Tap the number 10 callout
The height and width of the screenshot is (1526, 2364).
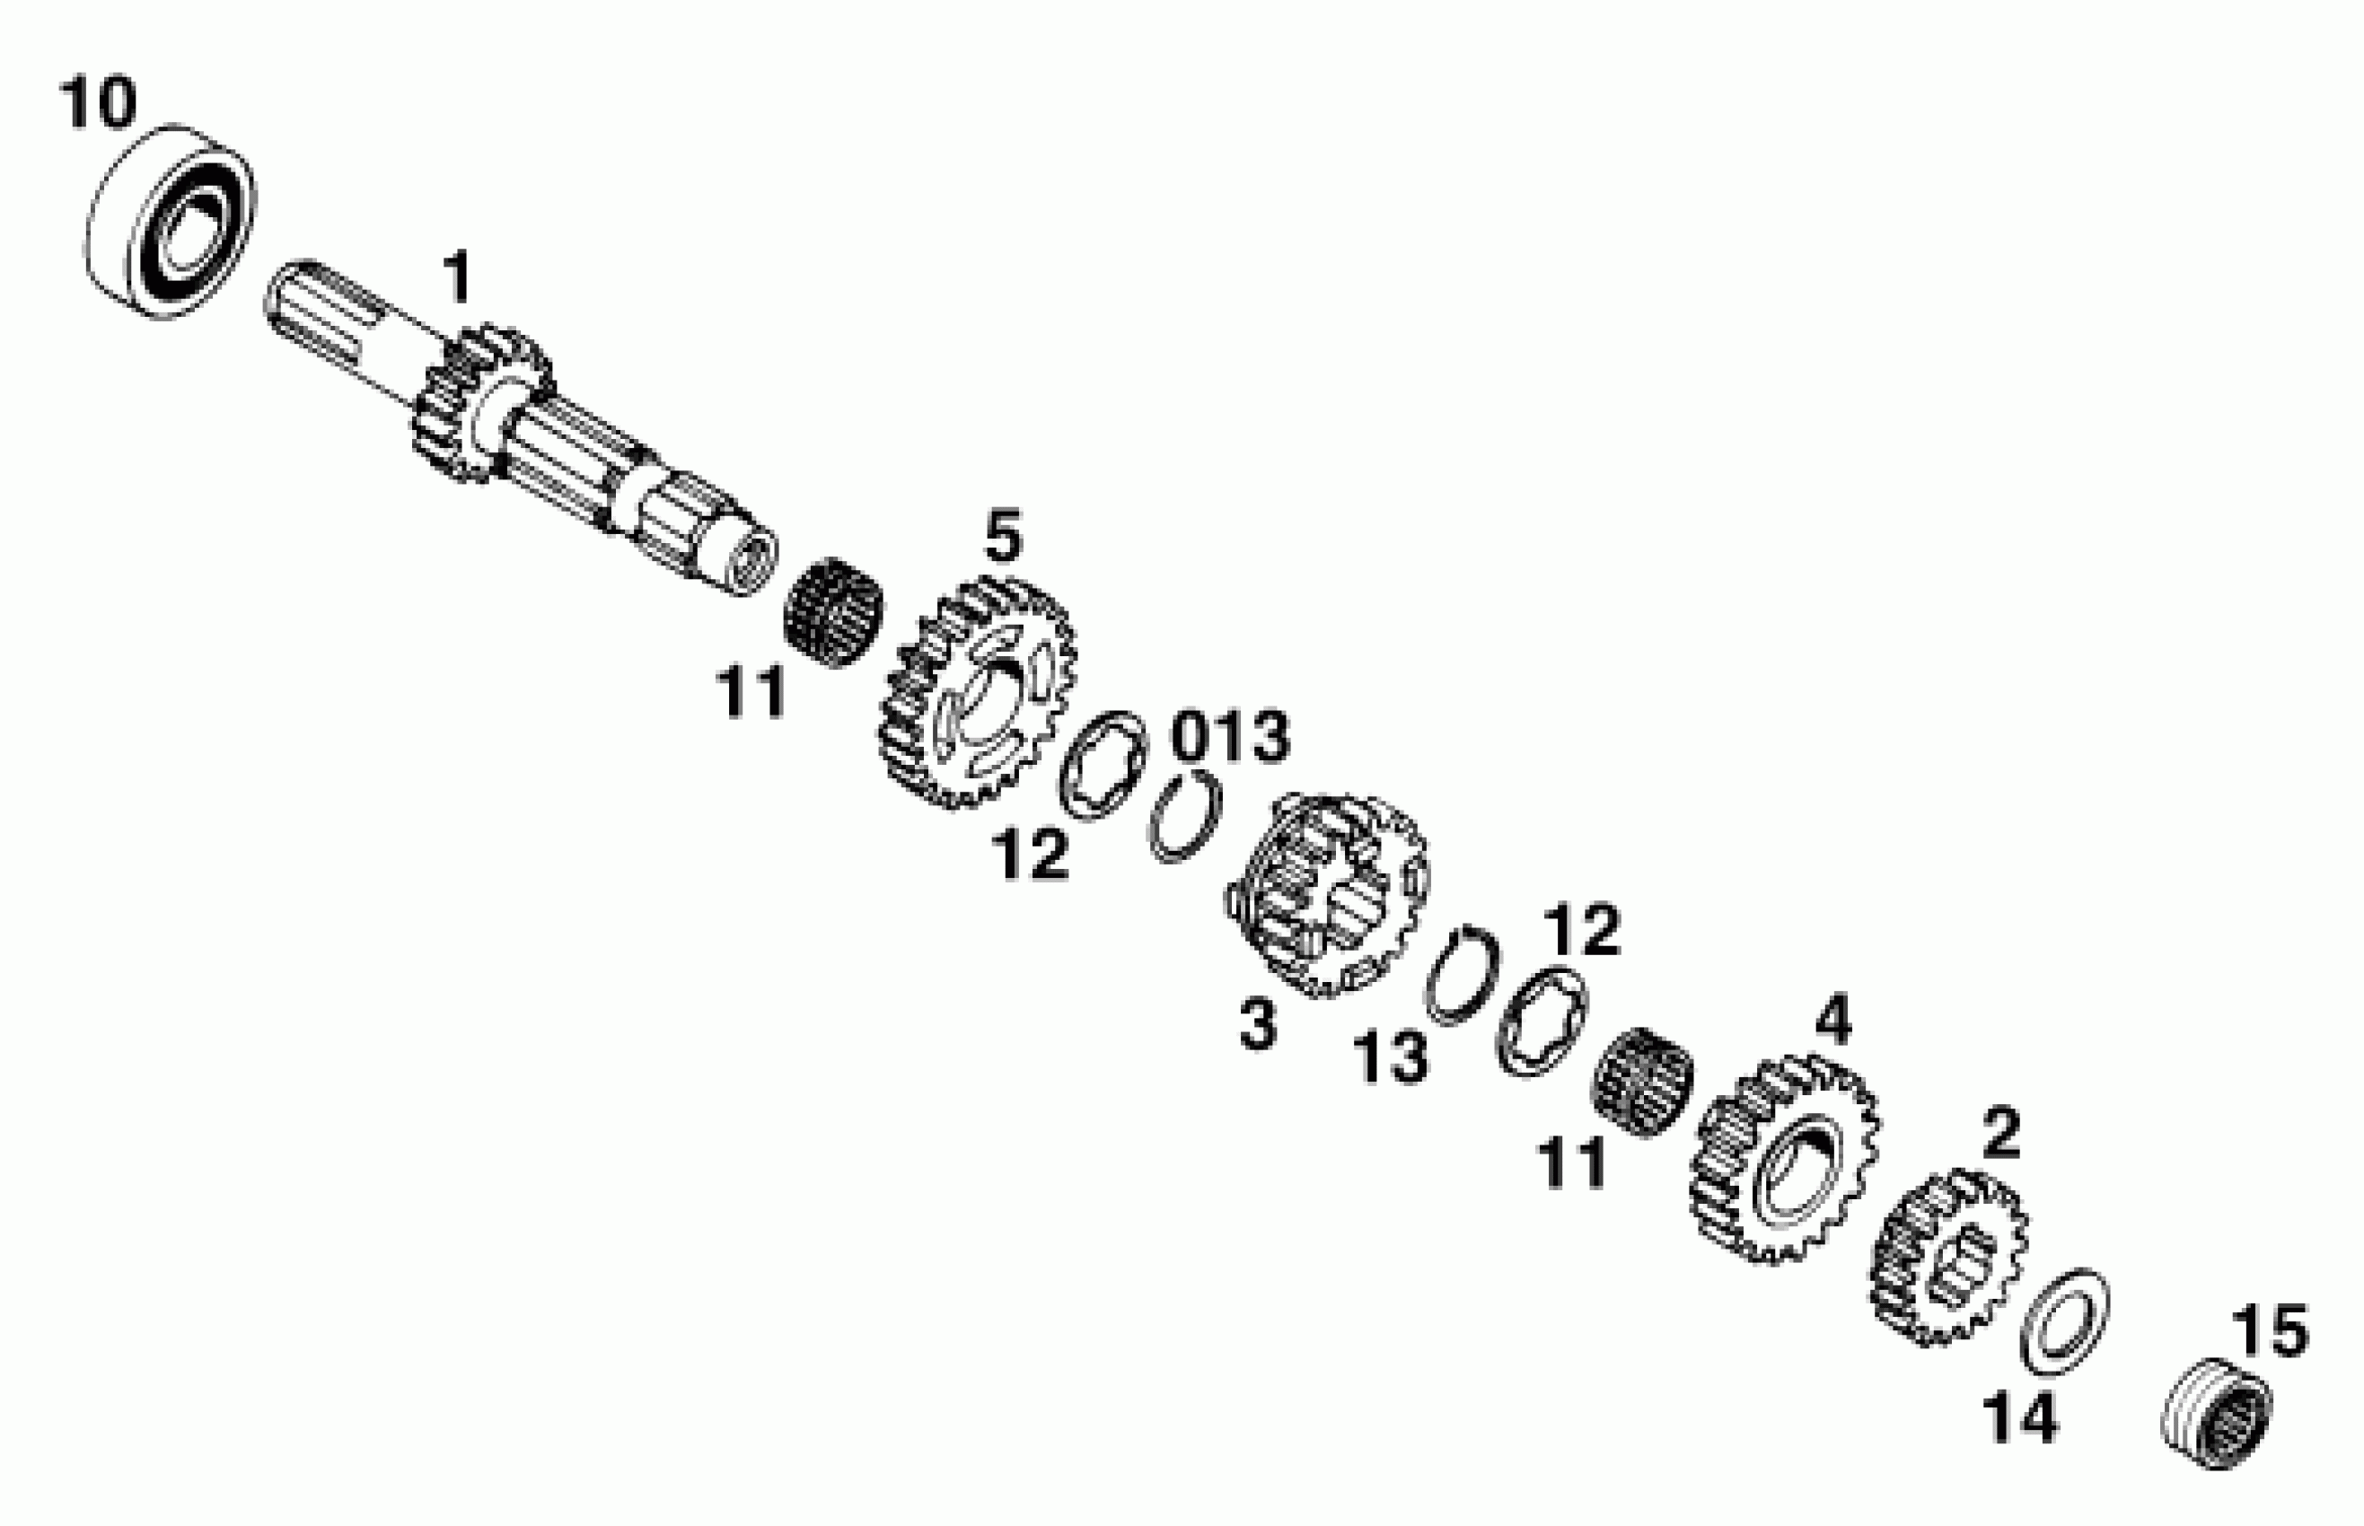(97, 105)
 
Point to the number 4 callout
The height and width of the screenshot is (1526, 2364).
(1832, 1021)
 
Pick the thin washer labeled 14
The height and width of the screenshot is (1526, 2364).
(2065, 1320)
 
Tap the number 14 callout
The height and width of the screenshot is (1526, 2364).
(2020, 1419)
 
